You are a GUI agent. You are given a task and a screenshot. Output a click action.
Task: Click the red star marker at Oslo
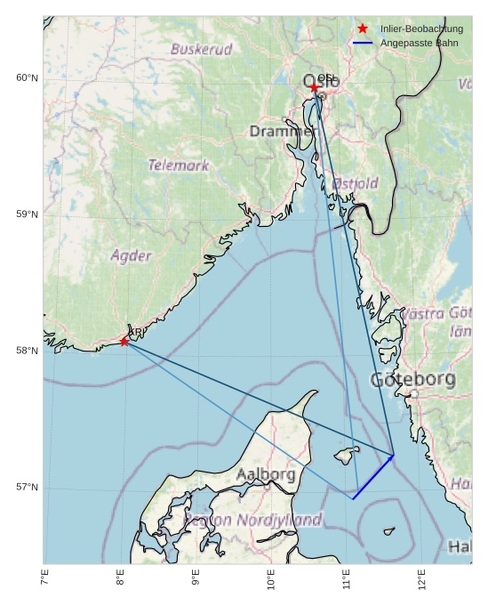click(315, 87)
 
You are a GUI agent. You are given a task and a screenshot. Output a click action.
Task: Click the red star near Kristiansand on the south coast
click(124, 341)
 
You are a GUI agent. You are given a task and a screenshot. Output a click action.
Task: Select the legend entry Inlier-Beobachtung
click(421, 29)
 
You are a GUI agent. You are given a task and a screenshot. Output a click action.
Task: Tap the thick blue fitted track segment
click(373, 478)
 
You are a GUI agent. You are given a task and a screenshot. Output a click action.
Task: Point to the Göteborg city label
click(412, 380)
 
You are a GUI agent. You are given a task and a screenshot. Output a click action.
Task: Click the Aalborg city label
click(266, 475)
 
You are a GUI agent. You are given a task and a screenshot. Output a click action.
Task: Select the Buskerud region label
click(201, 50)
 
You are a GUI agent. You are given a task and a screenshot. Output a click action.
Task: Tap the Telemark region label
click(179, 166)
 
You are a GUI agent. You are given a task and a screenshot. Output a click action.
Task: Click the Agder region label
click(132, 256)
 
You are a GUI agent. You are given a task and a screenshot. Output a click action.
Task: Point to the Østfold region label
click(355, 183)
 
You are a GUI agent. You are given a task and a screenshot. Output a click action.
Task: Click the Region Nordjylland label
click(252, 520)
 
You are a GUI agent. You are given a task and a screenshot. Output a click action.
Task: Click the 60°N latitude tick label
click(28, 78)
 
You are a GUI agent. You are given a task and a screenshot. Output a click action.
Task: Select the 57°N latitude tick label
click(28, 488)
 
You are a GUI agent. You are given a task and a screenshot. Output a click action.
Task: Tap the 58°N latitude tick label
click(28, 351)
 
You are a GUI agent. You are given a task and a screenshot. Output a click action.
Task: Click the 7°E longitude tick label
click(44, 578)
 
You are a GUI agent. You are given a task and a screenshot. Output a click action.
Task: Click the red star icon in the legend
click(363, 29)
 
